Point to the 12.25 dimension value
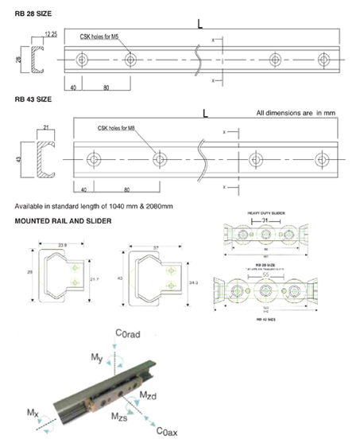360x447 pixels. (51, 34)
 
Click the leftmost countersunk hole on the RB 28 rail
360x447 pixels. (80, 59)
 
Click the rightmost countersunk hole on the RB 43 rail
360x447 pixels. (322, 159)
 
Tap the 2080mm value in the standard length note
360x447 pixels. (157, 207)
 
